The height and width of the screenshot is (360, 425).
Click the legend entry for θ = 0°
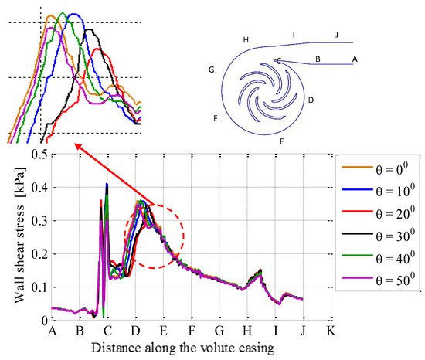380,166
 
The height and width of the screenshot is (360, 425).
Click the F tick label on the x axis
192,331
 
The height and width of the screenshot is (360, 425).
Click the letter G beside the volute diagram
210,70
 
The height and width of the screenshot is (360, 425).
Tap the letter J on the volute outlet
336,34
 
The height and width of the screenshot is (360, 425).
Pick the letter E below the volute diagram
282,141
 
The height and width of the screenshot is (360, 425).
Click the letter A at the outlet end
354,58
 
